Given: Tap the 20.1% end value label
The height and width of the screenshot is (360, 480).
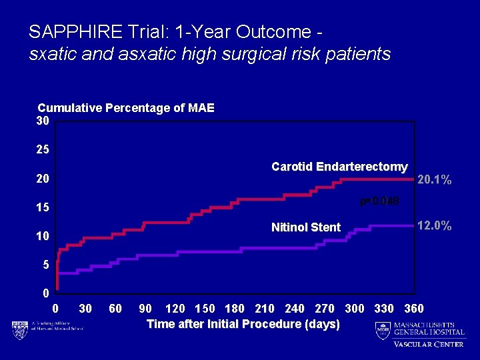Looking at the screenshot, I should click(434, 180).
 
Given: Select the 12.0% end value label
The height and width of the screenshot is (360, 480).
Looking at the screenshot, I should click(434, 226).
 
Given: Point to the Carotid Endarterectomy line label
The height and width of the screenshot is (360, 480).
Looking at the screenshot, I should click(339, 167).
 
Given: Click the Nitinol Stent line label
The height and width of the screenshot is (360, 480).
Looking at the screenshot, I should click(306, 227).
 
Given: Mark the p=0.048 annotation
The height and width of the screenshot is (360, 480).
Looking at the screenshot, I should click(379, 200).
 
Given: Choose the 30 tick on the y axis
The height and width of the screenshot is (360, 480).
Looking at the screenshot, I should click(43, 121).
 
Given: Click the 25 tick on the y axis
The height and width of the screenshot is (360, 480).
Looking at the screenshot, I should click(43, 150).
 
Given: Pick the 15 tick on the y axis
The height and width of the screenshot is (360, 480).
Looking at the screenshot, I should click(43, 207).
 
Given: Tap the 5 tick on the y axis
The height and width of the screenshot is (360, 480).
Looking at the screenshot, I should click(45, 265).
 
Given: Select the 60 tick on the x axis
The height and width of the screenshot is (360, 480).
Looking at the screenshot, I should click(115, 309).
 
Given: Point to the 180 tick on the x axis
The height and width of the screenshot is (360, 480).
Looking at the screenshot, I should click(235, 309).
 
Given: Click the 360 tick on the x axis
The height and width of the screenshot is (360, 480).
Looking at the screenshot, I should click(414, 309).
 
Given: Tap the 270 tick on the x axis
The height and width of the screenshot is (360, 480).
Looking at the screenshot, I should click(325, 309).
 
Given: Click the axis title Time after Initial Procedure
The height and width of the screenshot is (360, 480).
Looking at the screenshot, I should click(243, 324).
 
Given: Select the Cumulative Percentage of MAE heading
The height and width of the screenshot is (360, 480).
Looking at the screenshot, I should click(126, 108).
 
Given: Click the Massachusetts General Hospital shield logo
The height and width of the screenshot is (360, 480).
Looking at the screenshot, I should click(382, 330).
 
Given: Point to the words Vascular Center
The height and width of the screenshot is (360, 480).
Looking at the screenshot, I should click(429, 344).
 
